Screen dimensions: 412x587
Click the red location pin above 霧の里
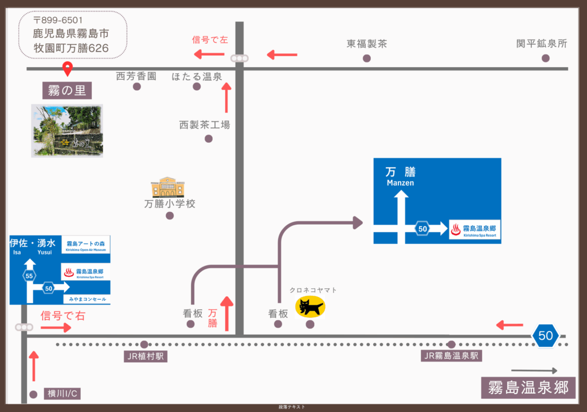tap(68, 68)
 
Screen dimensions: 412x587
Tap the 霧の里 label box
tap(68, 90)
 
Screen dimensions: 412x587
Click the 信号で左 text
tap(209, 40)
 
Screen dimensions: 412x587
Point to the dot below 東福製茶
tap(367, 58)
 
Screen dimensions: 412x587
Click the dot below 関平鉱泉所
tap(545, 58)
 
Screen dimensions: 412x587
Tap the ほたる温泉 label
tap(197, 76)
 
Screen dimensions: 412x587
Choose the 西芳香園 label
tap(136, 76)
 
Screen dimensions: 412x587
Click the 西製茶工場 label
tap(205, 124)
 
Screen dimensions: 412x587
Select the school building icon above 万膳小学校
tap(168, 187)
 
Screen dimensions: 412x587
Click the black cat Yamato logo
tap(310, 307)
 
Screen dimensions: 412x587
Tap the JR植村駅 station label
tap(144, 356)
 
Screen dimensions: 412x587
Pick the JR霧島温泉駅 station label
tap(451, 356)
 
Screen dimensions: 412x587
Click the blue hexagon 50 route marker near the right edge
tap(545, 336)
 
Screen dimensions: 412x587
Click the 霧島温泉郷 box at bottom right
tap(528, 388)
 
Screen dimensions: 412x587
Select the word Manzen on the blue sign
tap(400, 183)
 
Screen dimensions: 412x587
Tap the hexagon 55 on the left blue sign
tap(30, 276)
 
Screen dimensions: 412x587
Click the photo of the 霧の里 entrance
tap(67, 131)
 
